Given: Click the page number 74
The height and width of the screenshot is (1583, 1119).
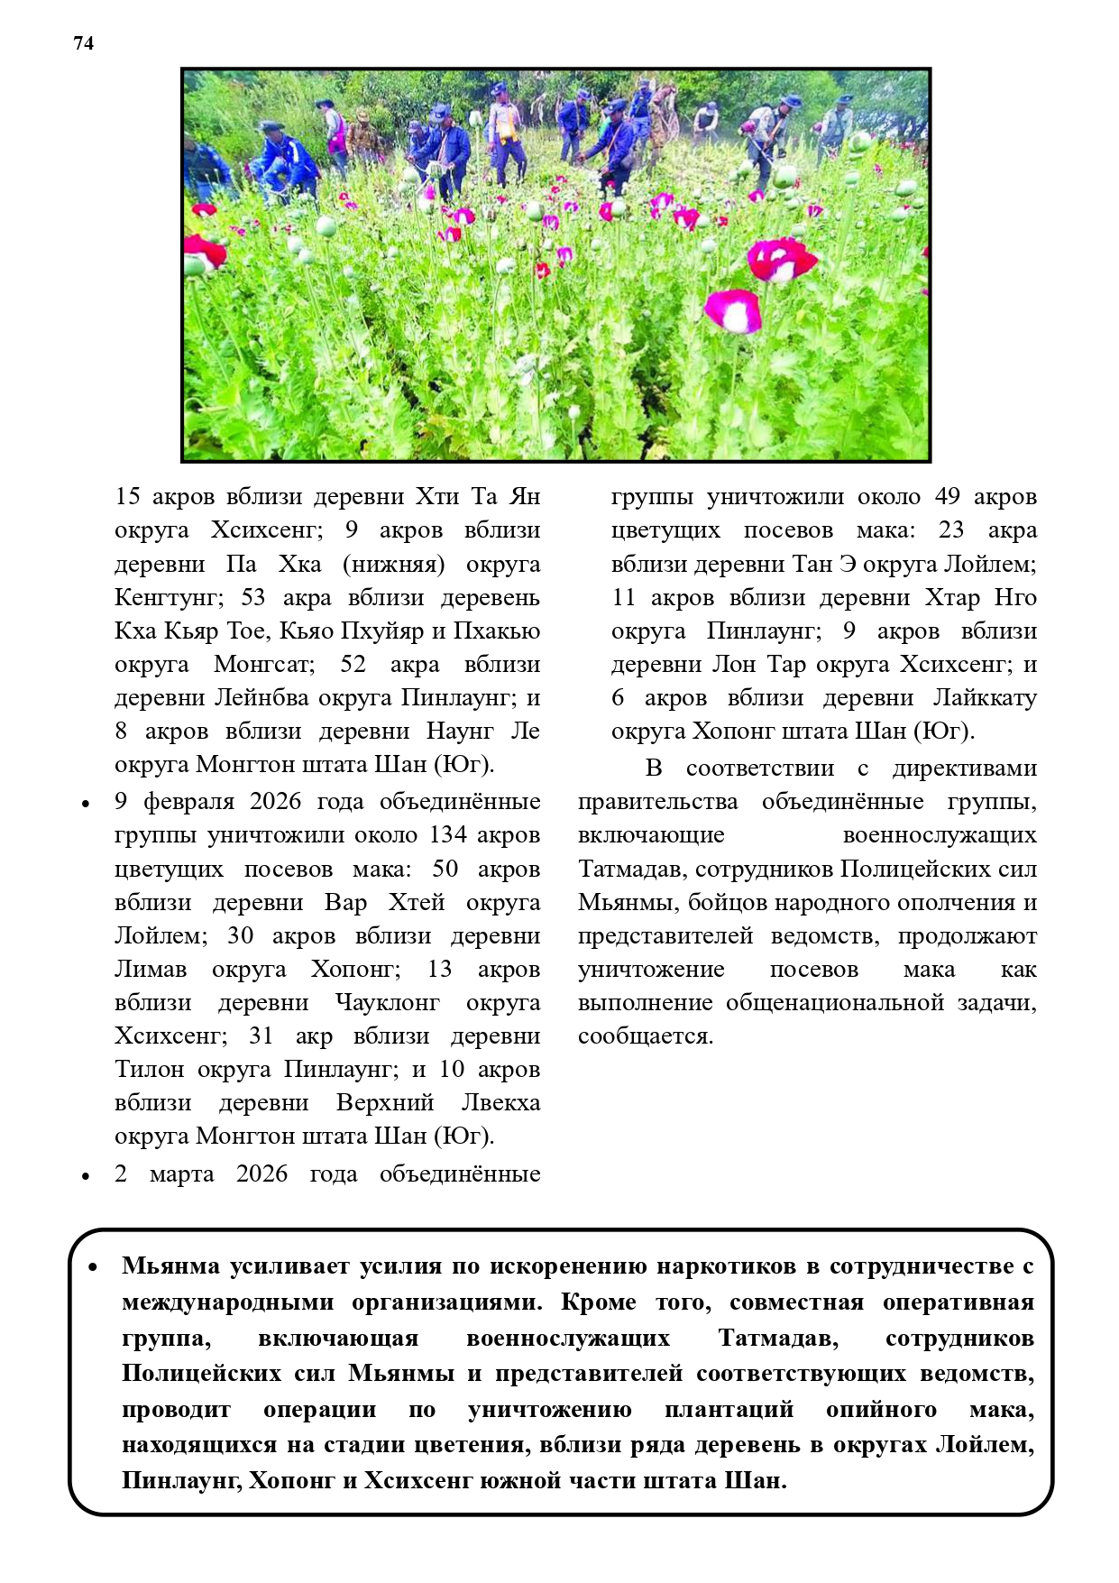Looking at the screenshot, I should [x=83, y=43].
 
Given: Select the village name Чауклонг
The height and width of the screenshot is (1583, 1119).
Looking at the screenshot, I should [x=387, y=1003].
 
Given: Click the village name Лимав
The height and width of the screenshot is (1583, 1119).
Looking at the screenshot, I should [x=151, y=970].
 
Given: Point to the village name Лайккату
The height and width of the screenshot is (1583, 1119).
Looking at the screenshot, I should [x=985, y=698].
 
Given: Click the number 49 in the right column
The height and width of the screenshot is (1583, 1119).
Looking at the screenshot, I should [x=947, y=497].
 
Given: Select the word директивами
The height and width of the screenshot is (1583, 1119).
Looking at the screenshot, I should [x=964, y=768].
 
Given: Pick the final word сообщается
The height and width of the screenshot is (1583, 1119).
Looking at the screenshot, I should [x=645, y=1036].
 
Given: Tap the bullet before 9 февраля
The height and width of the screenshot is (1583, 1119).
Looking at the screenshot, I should [x=86, y=804].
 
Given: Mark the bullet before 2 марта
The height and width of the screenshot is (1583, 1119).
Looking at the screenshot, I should [x=86, y=1176].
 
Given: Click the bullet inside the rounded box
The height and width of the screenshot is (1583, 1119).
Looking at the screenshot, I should [x=93, y=1267].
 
